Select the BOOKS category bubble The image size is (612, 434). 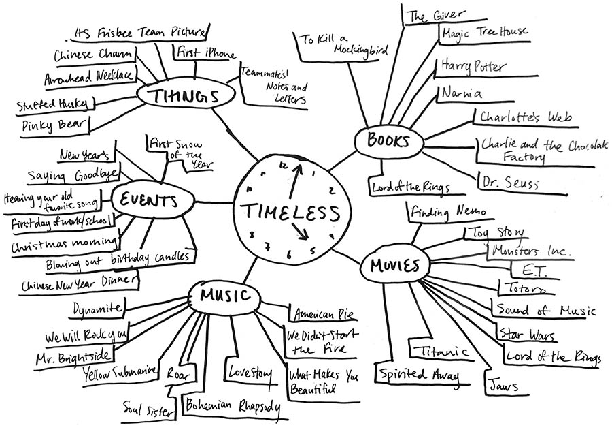coord(389,142)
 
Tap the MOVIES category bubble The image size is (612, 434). coord(394,266)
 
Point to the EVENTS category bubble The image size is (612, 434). coord(148,201)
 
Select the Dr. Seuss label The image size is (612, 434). coord(509,183)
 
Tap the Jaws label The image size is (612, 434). coord(503,386)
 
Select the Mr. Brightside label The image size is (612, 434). coord(75,356)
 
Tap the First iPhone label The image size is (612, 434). coord(205,53)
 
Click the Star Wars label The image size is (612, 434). coord(526,335)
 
